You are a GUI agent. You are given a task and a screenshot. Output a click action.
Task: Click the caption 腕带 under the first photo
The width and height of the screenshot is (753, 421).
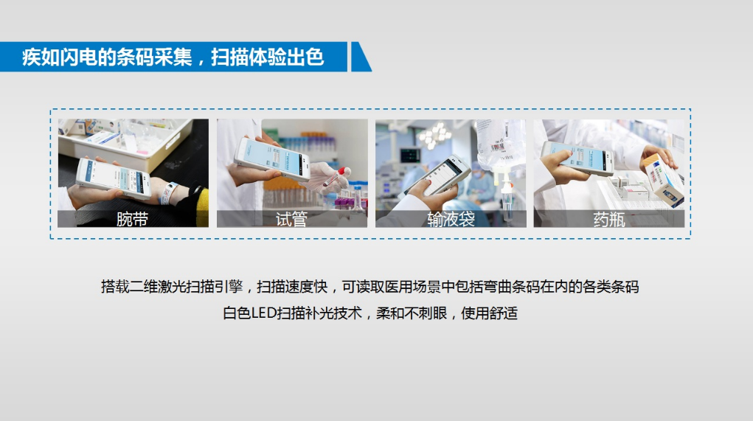click(x=132, y=220)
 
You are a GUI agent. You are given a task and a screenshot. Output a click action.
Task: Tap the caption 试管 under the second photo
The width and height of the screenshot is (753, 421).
click(x=291, y=220)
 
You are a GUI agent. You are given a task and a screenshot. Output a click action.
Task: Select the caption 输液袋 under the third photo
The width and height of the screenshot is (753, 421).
click(x=451, y=220)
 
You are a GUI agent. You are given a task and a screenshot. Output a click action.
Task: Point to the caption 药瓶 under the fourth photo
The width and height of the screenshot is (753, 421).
click(x=609, y=220)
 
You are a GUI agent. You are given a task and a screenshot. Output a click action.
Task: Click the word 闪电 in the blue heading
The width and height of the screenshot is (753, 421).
click(x=79, y=57)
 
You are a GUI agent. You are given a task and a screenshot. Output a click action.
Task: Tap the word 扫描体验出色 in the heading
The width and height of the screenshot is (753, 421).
click(x=268, y=57)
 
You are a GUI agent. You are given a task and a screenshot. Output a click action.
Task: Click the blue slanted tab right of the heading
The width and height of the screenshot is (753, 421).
click(x=361, y=57)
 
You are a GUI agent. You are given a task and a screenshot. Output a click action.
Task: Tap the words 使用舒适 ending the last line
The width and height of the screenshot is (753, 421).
click(x=490, y=313)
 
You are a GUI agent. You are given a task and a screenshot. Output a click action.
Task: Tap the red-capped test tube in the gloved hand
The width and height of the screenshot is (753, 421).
click(x=336, y=176)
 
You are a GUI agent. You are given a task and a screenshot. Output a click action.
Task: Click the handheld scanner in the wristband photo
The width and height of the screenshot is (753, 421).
click(x=114, y=178)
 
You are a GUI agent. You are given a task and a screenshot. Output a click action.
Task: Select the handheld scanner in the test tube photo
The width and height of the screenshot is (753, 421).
click(x=272, y=159)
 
